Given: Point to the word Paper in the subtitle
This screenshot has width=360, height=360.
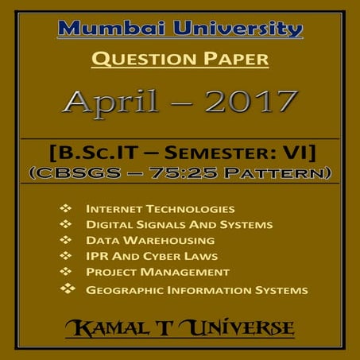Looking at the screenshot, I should (x=234, y=59).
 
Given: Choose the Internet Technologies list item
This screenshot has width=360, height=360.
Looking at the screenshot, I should (x=161, y=209).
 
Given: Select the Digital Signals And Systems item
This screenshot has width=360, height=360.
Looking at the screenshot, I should (x=180, y=225).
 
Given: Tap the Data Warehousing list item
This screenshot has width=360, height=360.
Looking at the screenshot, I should (x=149, y=240).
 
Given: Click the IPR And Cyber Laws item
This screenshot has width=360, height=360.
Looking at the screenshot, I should (x=152, y=256).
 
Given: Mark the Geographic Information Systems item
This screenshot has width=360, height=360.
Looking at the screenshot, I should (x=196, y=290).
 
